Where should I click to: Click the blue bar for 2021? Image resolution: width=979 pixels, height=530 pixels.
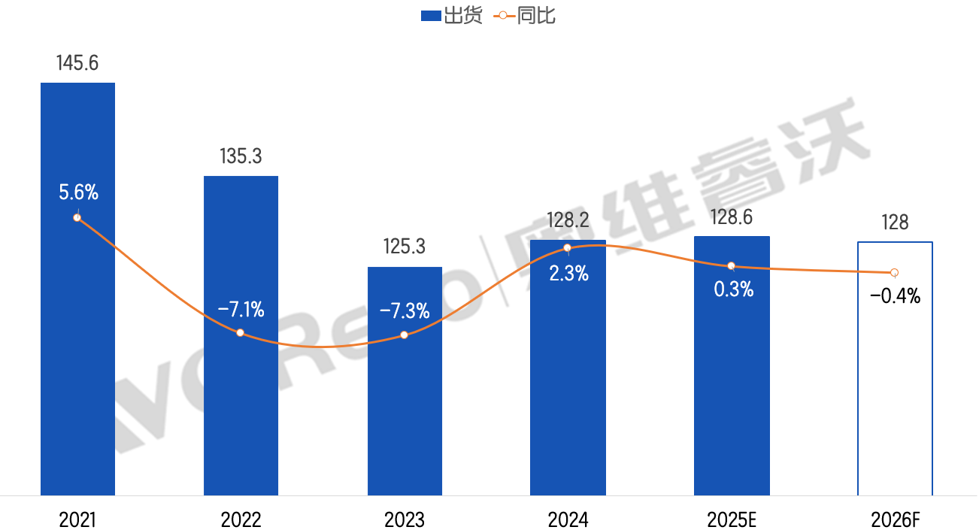[x=77, y=338]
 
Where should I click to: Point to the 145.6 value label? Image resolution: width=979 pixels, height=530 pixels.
[x=77, y=63]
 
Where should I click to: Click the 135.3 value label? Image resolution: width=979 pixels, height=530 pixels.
[x=241, y=157]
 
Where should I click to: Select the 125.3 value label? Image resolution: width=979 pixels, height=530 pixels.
[x=405, y=247]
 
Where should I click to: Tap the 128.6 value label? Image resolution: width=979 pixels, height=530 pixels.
[x=732, y=217]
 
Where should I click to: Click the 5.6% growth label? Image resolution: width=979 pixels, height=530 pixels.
[x=79, y=192]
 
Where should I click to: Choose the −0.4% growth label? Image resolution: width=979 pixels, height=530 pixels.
[x=896, y=296]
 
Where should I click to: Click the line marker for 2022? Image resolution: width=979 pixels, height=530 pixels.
[x=240, y=332]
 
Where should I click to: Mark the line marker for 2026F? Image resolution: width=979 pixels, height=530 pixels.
[x=894, y=272]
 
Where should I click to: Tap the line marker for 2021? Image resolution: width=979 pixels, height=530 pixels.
[x=77, y=217]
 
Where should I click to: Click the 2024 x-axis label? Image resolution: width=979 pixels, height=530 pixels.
[x=568, y=519]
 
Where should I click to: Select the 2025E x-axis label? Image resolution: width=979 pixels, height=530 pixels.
[x=732, y=519]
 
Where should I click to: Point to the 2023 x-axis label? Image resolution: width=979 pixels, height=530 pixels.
[x=405, y=519]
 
